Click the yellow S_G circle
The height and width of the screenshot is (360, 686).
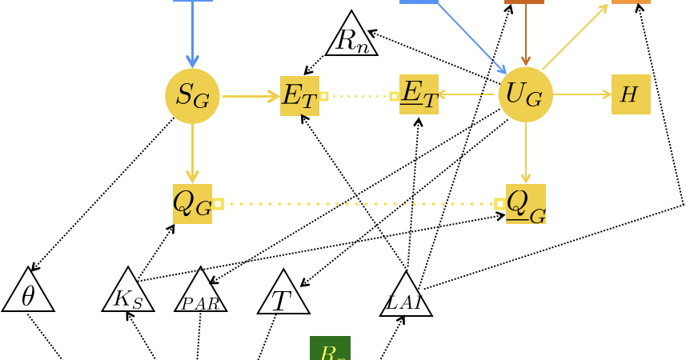click(x=192, y=96)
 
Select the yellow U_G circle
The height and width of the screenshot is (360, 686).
click(x=525, y=94)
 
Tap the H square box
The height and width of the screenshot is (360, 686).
click(x=631, y=94)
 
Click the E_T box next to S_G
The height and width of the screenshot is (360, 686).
click(x=299, y=96)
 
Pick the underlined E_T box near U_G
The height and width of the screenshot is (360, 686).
click(x=419, y=94)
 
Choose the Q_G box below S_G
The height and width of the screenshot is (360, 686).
click(x=192, y=204)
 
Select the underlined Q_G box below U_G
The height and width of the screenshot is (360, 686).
click(x=525, y=204)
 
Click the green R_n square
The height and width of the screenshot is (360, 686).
click(x=330, y=349)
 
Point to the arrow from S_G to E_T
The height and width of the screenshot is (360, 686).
click(x=250, y=96)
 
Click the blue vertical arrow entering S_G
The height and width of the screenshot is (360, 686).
click(x=192, y=36)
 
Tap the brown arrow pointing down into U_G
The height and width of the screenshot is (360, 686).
click(x=525, y=36)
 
